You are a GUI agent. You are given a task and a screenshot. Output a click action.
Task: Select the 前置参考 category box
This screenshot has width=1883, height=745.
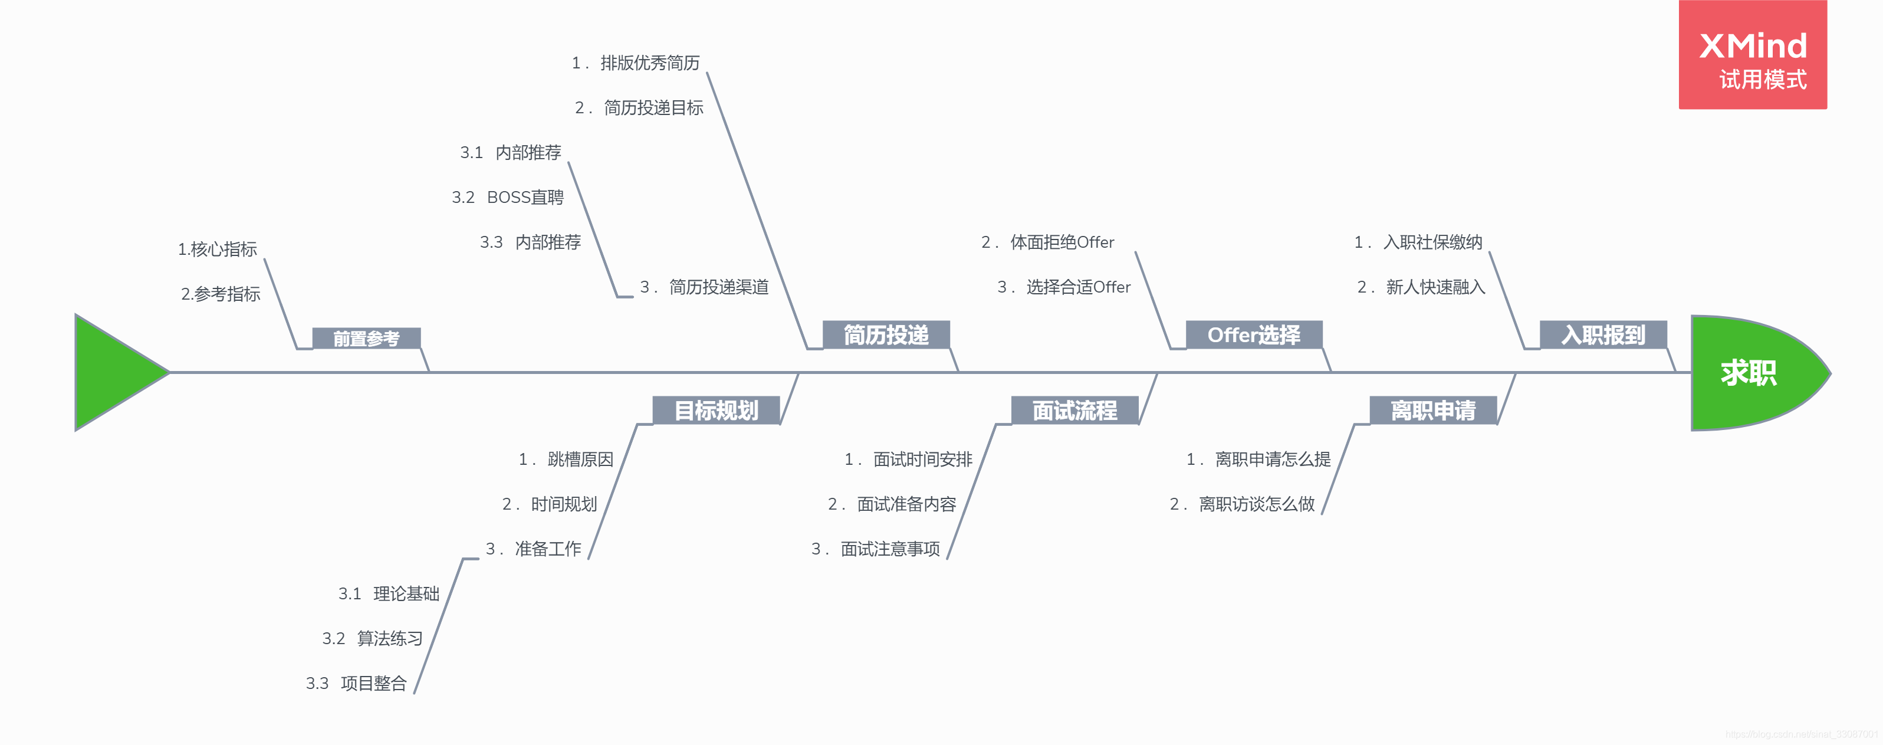(x=366, y=339)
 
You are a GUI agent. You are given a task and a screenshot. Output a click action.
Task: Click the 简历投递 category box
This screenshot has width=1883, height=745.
(x=886, y=335)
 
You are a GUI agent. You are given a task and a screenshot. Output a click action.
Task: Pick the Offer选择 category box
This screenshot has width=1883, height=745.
(x=1254, y=335)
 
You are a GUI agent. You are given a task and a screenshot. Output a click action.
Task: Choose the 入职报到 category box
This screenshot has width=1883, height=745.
(x=1603, y=335)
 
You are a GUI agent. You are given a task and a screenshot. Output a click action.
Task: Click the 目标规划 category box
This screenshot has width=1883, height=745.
(x=717, y=410)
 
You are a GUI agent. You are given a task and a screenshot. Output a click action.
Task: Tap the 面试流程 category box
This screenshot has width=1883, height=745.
(x=1074, y=410)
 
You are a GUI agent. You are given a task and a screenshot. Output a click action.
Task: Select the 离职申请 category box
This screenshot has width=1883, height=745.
(x=1432, y=410)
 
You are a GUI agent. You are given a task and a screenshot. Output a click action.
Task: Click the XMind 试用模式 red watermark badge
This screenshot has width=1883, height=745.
(x=1752, y=55)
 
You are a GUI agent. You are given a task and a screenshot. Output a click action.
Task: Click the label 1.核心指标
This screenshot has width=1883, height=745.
(x=217, y=250)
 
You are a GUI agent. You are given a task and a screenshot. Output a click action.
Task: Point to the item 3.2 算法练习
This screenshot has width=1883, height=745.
(x=373, y=638)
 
